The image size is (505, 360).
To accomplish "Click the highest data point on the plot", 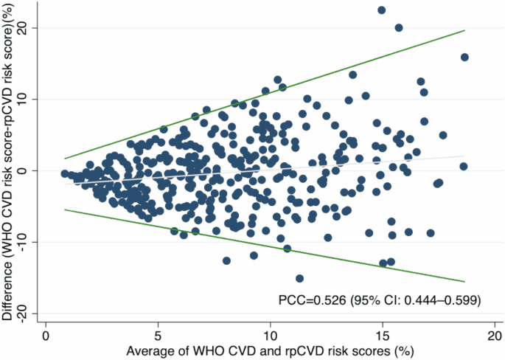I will [382, 10].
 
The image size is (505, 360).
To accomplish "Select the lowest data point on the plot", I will [299, 278].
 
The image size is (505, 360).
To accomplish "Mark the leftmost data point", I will [65, 173].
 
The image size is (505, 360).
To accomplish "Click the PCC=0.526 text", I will [313, 300].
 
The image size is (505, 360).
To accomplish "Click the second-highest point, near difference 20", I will [399, 28].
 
